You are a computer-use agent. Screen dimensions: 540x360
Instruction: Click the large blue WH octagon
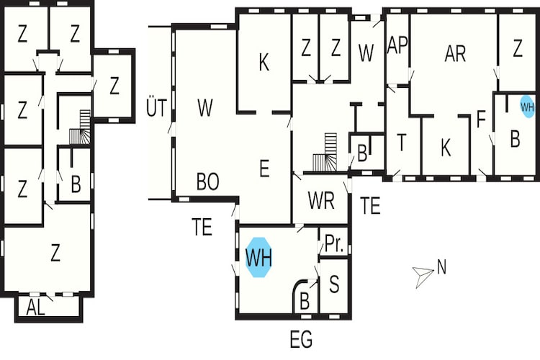click(x=258, y=257)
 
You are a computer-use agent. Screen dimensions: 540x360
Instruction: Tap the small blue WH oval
click(x=527, y=107)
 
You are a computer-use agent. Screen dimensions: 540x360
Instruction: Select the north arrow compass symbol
click(x=423, y=276)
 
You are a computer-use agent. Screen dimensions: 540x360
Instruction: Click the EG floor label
click(x=302, y=339)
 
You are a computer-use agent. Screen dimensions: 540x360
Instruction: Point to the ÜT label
click(x=157, y=107)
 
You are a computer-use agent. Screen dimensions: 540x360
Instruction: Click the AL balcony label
click(x=36, y=307)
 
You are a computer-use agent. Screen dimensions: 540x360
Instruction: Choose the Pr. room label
click(x=334, y=243)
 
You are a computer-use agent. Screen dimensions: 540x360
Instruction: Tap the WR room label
click(x=321, y=200)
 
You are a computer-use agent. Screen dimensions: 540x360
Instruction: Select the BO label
click(x=207, y=181)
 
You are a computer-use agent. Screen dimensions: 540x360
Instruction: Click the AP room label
click(x=397, y=45)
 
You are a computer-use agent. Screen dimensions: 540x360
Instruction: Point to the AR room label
click(x=455, y=54)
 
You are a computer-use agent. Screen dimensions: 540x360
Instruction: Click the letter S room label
click(x=334, y=284)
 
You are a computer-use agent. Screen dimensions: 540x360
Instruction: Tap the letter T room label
click(x=402, y=143)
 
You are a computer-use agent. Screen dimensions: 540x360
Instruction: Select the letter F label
click(x=481, y=120)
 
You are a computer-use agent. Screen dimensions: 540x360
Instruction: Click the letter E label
click(x=264, y=168)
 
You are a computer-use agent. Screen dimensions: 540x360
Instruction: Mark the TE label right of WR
click(x=370, y=205)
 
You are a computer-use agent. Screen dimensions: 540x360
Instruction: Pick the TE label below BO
click(x=202, y=227)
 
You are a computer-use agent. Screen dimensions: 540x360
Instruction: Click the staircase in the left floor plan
click(x=80, y=127)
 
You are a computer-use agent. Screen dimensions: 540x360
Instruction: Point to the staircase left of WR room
click(x=325, y=152)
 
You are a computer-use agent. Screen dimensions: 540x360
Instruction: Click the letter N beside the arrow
click(x=441, y=267)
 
